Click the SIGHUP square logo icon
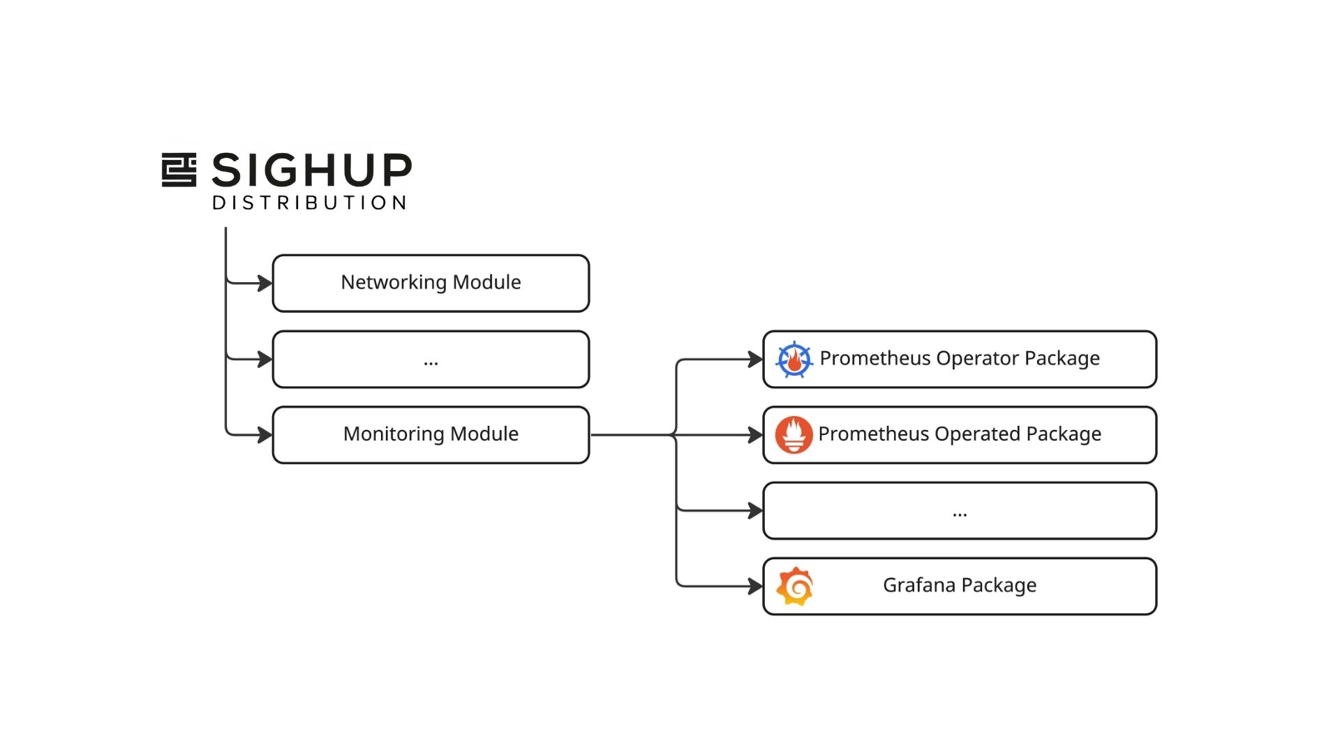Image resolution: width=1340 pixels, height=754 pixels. (x=179, y=170)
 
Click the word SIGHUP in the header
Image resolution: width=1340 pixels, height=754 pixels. (x=312, y=170)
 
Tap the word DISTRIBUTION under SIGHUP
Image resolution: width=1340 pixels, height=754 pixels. (x=310, y=203)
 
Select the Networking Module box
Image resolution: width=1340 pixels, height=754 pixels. (x=431, y=283)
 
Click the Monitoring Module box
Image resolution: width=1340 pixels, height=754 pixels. (x=431, y=434)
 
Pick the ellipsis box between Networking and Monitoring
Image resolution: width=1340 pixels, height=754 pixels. (x=431, y=360)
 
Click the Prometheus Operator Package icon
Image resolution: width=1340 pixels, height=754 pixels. (x=794, y=360)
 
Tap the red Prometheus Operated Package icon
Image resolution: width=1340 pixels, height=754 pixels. (x=794, y=434)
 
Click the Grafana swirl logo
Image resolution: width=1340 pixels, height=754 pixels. (x=795, y=586)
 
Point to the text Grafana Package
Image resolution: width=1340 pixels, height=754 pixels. (x=959, y=585)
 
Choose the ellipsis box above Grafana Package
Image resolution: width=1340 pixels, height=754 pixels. (x=960, y=511)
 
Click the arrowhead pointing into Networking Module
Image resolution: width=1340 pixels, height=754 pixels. (x=265, y=283)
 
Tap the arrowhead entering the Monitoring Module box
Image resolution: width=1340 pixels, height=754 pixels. (x=265, y=435)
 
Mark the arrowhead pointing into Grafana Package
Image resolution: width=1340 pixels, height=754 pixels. (x=755, y=586)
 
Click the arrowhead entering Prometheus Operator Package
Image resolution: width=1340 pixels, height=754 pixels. (x=755, y=360)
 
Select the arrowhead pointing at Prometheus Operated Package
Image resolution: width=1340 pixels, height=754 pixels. (x=755, y=435)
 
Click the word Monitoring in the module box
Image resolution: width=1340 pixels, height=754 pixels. (x=394, y=434)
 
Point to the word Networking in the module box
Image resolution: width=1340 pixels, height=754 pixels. (x=394, y=283)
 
